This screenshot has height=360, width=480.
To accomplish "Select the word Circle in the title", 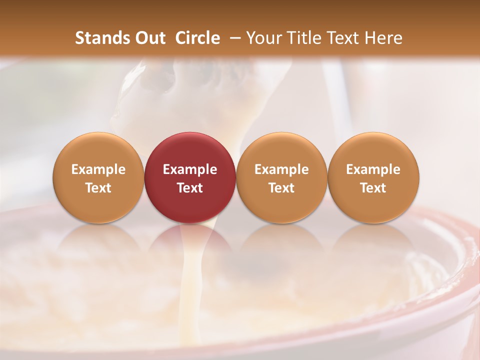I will click(197, 38).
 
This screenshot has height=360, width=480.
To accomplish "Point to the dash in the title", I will click(233, 38).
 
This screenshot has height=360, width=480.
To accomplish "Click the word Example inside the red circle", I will click(190, 169).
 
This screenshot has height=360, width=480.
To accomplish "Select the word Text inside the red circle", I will click(190, 188).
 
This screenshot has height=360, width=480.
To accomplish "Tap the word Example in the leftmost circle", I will click(98, 169).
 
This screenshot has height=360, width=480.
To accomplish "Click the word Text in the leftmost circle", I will click(98, 188).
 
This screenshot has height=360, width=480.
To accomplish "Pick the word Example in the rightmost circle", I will click(373, 169).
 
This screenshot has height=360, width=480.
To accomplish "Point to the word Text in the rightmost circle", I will click(373, 188).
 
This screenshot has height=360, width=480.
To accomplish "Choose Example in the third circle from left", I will click(281, 169).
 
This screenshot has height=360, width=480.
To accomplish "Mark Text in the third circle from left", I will click(281, 188).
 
